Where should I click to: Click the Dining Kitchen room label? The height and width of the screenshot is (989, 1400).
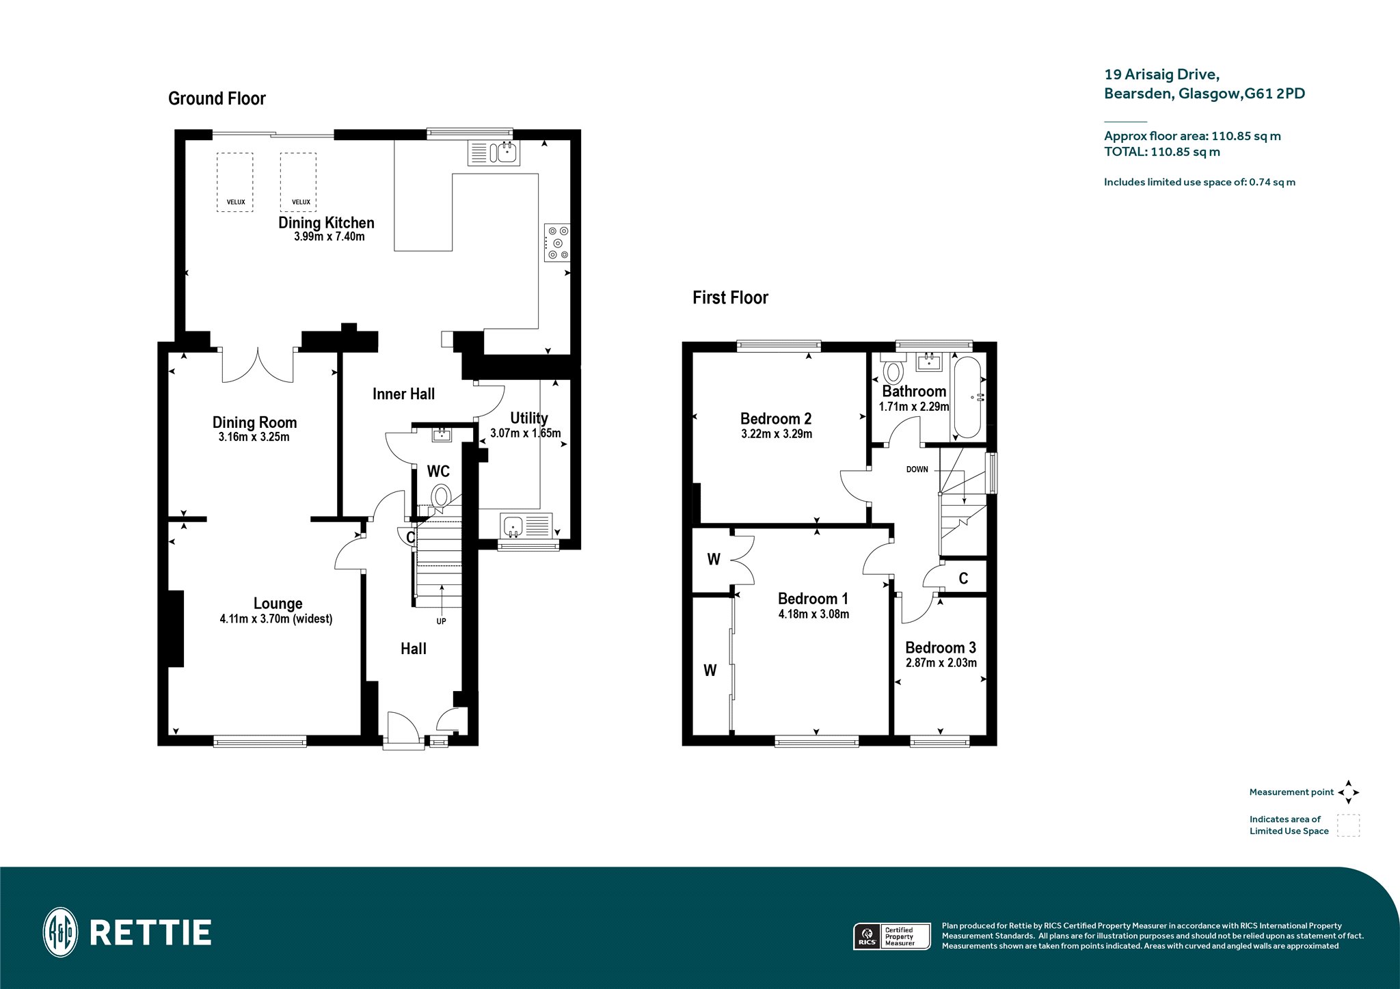coord(326,223)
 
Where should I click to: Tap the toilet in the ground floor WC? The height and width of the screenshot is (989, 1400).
coord(442,496)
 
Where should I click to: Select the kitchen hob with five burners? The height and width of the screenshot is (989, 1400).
coord(557,243)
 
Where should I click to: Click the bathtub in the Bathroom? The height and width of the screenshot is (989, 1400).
coord(967,397)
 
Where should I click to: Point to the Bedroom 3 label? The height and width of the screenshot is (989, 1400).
coord(941,647)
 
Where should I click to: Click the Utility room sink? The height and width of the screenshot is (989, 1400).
coord(526,526)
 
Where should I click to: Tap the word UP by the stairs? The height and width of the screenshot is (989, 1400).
coord(441,621)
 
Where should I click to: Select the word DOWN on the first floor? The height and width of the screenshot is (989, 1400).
coord(917,470)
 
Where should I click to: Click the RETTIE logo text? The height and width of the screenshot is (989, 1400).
coord(150,933)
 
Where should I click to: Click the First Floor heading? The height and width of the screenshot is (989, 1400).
coord(730,297)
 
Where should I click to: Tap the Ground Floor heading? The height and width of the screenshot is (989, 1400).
coord(217,98)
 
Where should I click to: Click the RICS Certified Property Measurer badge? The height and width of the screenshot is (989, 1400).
coord(892,936)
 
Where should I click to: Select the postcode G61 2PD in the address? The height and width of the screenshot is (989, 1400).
coord(1274,94)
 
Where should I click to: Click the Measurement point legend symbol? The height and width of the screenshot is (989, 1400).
coord(1348,792)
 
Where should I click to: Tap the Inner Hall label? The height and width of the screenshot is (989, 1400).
coord(403,394)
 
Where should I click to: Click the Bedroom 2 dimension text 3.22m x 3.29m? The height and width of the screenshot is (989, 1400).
coord(777,434)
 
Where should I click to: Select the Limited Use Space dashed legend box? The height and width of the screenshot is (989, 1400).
coord(1348,825)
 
